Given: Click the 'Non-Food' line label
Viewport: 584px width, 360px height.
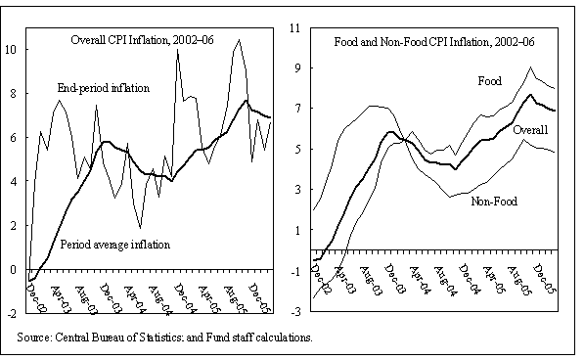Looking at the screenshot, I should (x=493, y=201).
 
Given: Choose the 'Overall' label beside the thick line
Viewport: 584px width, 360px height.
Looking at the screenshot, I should (x=529, y=129).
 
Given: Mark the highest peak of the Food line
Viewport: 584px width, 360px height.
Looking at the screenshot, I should (x=529, y=67).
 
